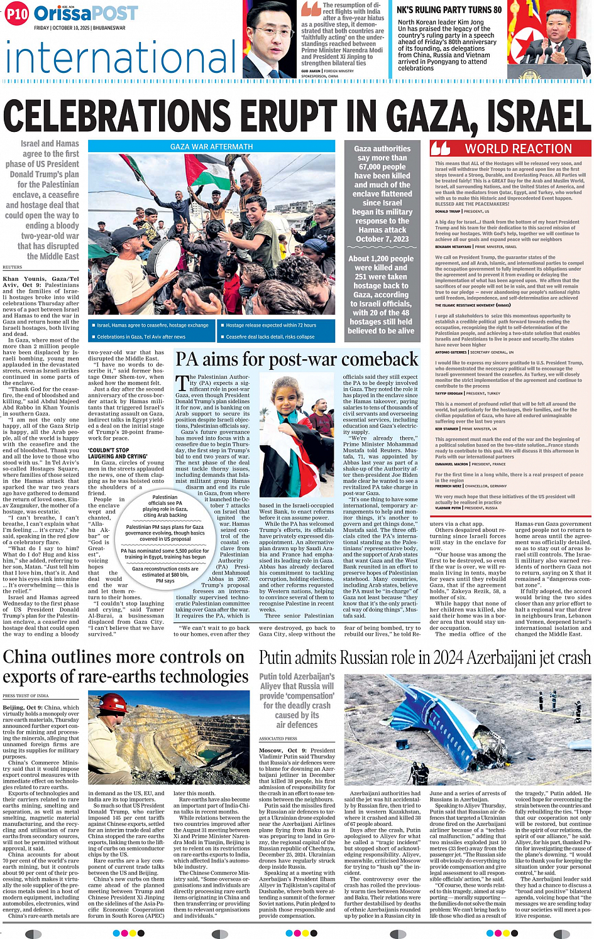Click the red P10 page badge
coord(17,13)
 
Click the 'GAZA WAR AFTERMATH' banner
coord(211,146)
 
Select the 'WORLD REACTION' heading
coord(518,149)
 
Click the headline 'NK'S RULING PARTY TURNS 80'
coord(449,9)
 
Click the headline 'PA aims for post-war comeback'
coord(297,359)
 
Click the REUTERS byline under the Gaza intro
coord(12,267)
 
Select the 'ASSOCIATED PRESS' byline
coord(278,739)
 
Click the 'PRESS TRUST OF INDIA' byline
coord(25,696)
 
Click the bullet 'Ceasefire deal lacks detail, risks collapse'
coord(270,337)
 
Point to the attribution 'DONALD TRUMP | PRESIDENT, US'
coord(462,212)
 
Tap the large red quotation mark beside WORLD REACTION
coord(440,149)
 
